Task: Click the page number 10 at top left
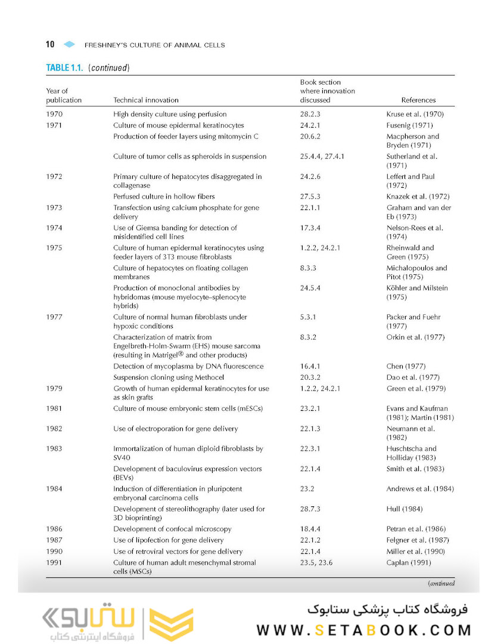click(x=50, y=45)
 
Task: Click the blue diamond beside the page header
click(x=69, y=45)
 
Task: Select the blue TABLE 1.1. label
click(x=65, y=67)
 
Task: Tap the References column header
click(x=418, y=100)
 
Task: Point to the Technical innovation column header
click(x=146, y=100)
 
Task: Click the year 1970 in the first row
click(x=54, y=114)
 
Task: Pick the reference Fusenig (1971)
click(x=410, y=125)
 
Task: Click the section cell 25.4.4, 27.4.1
click(x=322, y=156)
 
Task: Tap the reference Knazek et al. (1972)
click(x=418, y=196)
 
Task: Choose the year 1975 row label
click(x=54, y=247)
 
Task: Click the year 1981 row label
click(x=54, y=408)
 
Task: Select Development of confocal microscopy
click(x=172, y=529)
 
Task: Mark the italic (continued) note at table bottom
click(x=441, y=584)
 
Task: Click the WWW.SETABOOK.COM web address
click(x=363, y=630)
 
